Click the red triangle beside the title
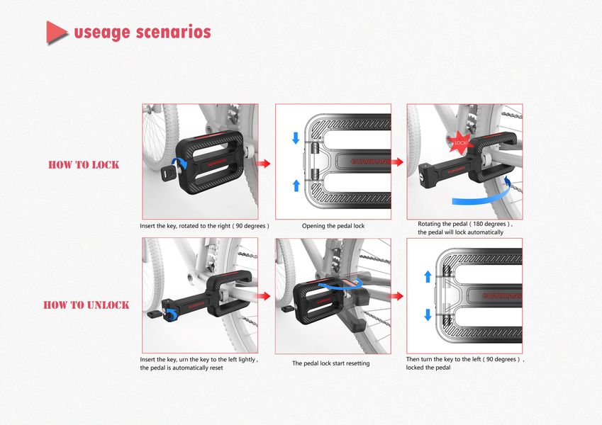(x=56, y=33)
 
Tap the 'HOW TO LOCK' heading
(x=84, y=164)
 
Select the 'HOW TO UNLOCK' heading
(x=87, y=305)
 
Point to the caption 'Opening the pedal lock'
(x=333, y=226)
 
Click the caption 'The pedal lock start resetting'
(x=331, y=363)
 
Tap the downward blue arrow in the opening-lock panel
(x=296, y=137)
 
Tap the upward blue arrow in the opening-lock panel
(x=296, y=186)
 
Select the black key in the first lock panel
(x=168, y=173)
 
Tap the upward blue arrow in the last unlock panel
(x=428, y=276)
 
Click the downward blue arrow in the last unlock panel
(x=428, y=315)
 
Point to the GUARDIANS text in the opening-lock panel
(x=371, y=161)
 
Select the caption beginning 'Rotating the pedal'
(x=465, y=228)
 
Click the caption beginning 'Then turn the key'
(x=465, y=363)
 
